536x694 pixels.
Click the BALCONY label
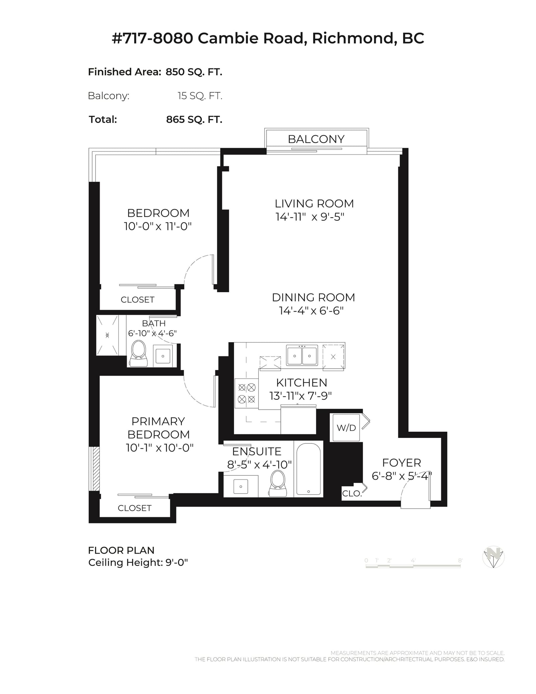pos(316,139)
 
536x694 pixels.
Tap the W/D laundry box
pos(346,428)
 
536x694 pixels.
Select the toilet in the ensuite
pos(278,484)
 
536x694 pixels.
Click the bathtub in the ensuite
pos(308,469)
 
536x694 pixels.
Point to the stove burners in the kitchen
pos(247,393)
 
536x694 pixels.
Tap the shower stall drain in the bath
pos(107,335)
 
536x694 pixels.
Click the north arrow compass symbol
pos(493,557)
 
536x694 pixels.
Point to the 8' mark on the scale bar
pos(460,560)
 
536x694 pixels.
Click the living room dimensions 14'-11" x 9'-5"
pos(310,217)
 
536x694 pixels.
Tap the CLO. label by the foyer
pos(351,493)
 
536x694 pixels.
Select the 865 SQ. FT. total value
pos(194,120)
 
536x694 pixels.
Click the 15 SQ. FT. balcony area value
pos(200,96)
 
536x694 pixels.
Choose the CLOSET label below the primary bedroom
pos(134,508)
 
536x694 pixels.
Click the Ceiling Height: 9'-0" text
pos(138,563)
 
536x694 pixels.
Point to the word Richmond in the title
pos(352,38)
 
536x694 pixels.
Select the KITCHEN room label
pos(301,382)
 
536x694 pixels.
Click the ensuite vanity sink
pos(241,486)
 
